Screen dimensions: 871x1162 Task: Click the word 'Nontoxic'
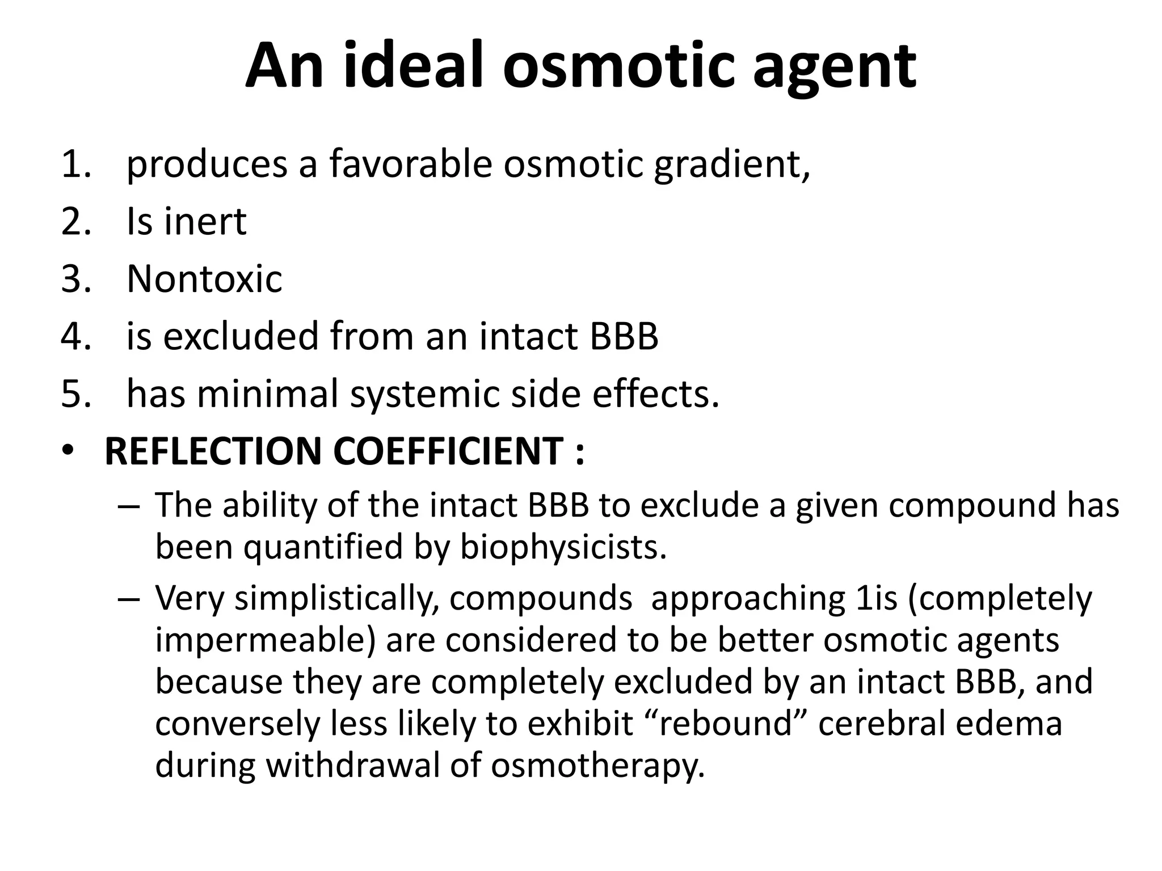pyautogui.click(x=204, y=279)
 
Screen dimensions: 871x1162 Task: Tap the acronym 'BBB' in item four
pyautogui.click(x=624, y=336)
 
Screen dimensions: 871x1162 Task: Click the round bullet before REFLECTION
pyautogui.click(x=68, y=451)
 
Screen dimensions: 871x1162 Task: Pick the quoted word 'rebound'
pyautogui.click(x=724, y=724)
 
